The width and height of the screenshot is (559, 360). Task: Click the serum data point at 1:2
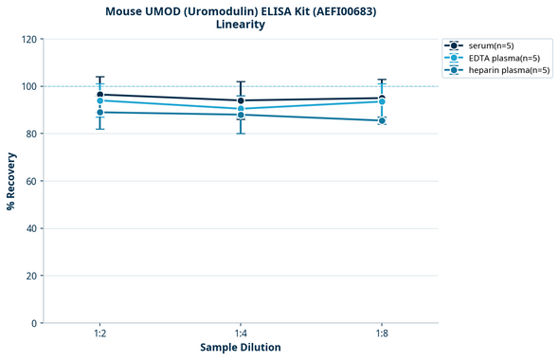click(99, 95)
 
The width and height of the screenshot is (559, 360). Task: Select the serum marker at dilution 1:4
click(241, 100)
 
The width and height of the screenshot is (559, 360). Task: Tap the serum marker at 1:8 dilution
click(382, 99)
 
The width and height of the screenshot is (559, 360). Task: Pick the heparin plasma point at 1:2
click(99, 112)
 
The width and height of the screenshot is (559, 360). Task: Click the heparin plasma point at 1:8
click(382, 120)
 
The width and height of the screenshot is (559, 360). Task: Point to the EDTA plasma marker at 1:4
click(241, 109)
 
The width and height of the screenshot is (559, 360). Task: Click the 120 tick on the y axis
click(28, 39)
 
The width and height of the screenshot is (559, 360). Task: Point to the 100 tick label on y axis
click(28, 86)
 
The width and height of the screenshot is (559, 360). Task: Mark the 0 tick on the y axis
click(34, 323)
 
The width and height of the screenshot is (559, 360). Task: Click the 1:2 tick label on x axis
click(99, 333)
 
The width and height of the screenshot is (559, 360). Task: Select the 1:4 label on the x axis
click(241, 333)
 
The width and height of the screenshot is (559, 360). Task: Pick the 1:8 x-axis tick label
click(382, 333)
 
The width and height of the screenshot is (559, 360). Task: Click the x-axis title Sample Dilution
click(241, 348)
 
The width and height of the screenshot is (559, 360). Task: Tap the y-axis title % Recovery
click(11, 181)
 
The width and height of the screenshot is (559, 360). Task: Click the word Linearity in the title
click(241, 25)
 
